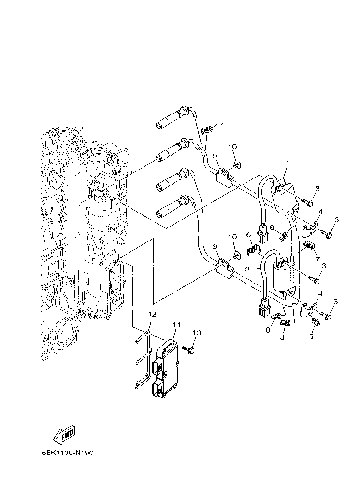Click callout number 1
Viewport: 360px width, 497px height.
[288, 163]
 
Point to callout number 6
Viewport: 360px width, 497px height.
[249, 234]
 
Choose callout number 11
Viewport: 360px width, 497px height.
[176, 324]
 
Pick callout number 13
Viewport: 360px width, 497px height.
[197, 333]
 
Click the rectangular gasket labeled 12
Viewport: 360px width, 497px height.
[142, 361]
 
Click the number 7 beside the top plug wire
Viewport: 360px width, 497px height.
[222, 123]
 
